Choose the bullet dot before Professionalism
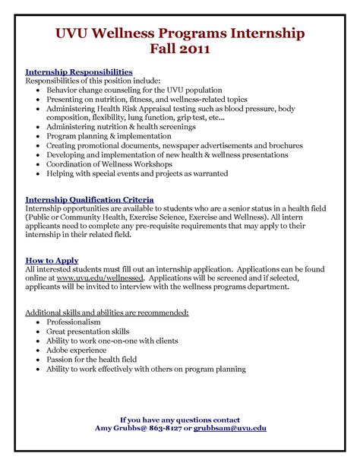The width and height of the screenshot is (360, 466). [x=38, y=323]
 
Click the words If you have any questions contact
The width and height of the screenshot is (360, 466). [x=180, y=420]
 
